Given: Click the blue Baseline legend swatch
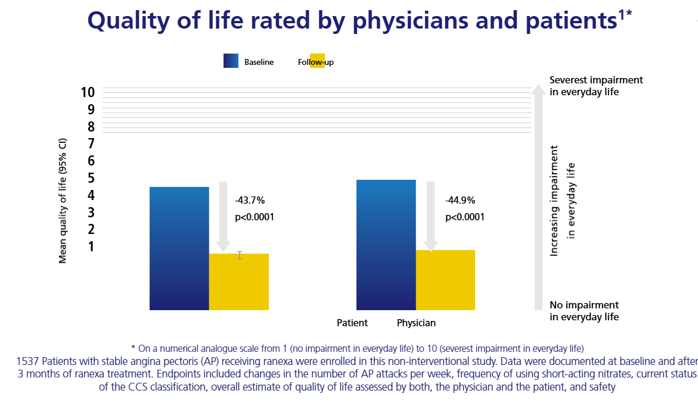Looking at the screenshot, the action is [231, 61].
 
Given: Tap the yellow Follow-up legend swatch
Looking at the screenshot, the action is [317, 61].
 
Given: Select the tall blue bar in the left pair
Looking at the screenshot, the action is [179, 248].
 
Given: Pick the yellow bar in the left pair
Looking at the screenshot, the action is [239, 282].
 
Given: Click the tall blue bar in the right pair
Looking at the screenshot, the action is [386, 245].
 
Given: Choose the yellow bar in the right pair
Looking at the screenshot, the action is [446, 280].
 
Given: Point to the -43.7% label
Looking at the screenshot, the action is [250, 201].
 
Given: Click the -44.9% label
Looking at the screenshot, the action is [460, 201].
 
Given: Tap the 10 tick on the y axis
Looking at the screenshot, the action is [88, 92].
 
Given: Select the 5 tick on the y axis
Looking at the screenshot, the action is [91, 178].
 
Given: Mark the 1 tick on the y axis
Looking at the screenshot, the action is [91, 246].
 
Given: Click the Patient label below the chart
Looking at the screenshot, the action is [352, 323].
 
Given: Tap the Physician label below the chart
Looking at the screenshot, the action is [416, 323].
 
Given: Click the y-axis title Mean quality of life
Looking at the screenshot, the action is [63, 201].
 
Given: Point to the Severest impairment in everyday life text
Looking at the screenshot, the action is [596, 86].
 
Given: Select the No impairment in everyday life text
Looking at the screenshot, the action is [584, 311].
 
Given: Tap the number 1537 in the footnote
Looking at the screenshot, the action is [27, 361].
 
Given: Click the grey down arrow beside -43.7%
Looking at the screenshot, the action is [223, 217].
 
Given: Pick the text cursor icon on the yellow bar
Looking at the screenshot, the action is [240, 255].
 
